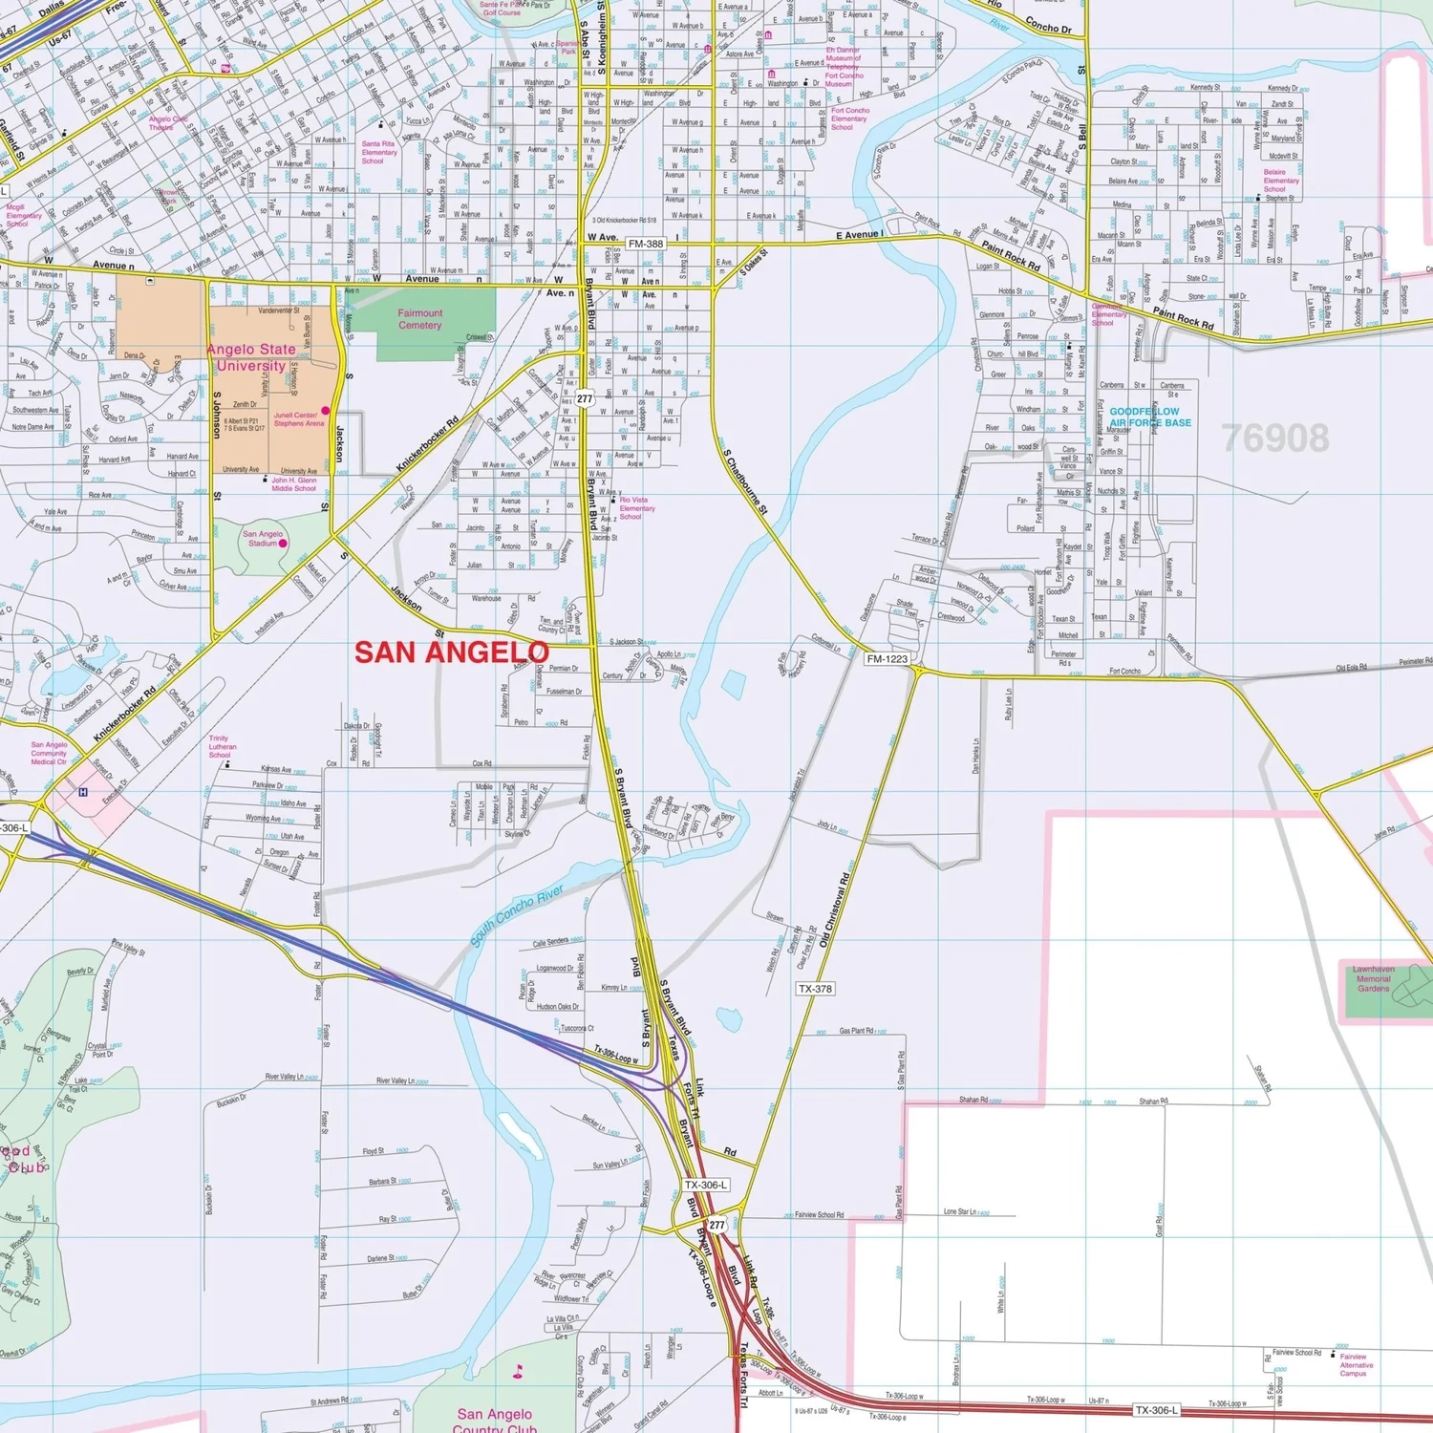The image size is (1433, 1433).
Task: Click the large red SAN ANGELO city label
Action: (x=451, y=652)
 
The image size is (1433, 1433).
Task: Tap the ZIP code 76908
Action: (x=1275, y=438)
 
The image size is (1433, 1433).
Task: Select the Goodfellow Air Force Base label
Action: (x=1149, y=417)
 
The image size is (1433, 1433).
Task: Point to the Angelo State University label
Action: (x=250, y=357)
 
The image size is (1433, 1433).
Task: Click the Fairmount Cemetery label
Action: (x=419, y=319)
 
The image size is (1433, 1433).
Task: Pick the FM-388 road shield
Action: (x=646, y=244)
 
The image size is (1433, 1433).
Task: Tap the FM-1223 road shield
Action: (x=887, y=658)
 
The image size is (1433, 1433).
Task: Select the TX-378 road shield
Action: (x=815, y=989)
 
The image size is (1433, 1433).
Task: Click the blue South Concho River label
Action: (x=516, y=915)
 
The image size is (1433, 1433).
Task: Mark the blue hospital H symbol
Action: (x=83, y=792)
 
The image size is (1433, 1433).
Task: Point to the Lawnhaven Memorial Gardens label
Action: (x=1373, y=978)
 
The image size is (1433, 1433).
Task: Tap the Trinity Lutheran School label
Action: (x=223, y=746)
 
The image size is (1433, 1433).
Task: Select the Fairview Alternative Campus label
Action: (x=1356, y=1365)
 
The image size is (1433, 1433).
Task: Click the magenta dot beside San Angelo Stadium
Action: (x=283, y=544)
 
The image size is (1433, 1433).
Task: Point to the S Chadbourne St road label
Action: (x=745, y=482)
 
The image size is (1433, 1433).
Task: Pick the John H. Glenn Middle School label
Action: (x=293, y=484)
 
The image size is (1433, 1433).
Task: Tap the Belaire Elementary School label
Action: (x=1280, y=181)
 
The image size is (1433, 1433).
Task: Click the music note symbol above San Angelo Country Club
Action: (x=519, y=1372)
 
